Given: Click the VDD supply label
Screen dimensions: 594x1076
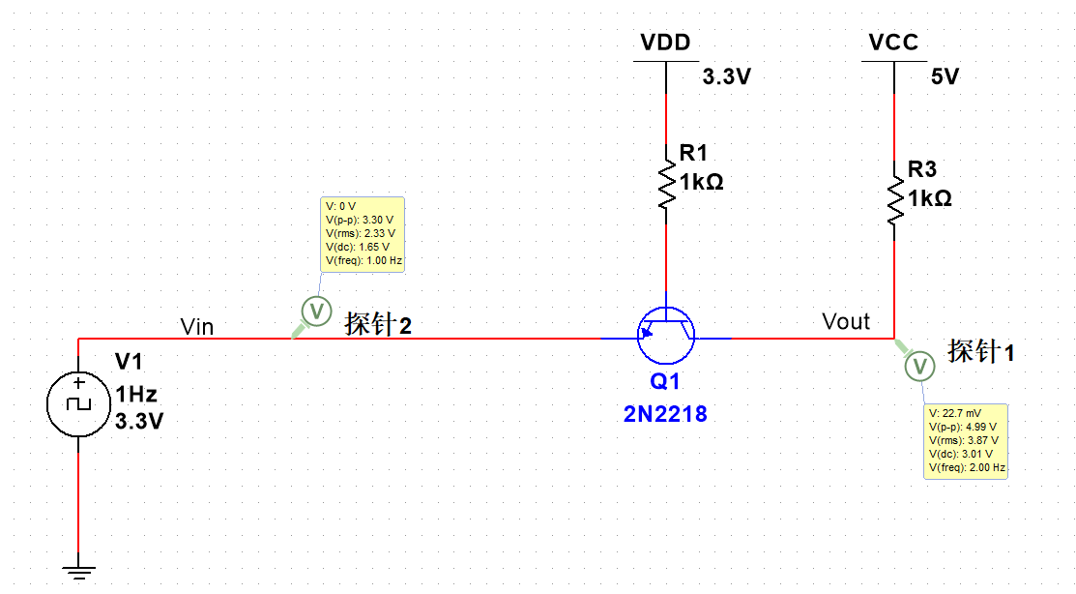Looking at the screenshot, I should pyautogui.click(x=666, y=43).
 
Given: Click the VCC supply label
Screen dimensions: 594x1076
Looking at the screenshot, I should pyautogui.click(x=893, y=43).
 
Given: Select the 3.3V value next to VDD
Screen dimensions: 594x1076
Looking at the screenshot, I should pyautogui.click(x=726, y=77).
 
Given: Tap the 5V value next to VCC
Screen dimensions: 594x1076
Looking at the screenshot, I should pyautogui.click(x=945, y=77).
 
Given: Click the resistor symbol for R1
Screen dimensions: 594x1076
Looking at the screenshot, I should pyautogui.click(x=666, y=178).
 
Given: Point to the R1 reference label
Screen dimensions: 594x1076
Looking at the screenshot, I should pyautogui.click(x=693, y=152).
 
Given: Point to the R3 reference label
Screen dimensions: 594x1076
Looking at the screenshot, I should pyautogui.click(x=921, y=170).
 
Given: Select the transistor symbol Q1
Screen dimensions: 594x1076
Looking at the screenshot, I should pyautogui.click(x=666, y=331).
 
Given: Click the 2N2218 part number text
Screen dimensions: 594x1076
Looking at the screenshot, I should pyautogui.click(x=665, y=414).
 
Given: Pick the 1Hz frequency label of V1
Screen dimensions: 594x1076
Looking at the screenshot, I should pyautogui.click(x=135, y=394).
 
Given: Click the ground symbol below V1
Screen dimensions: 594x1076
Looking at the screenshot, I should pyautogui.click(x=78, y=571).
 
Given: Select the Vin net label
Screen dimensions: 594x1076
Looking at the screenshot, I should pyautogui.click(x=197, y=327).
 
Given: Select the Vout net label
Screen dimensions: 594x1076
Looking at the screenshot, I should pyautogui.click(x=846, y=321).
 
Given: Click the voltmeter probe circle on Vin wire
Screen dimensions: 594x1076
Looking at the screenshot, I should pyautogui.click(x=315, y=311).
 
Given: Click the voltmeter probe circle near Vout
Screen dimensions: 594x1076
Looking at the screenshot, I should pyautogui.click(x=919, y=367).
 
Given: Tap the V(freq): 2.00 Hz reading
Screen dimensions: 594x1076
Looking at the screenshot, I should pyautogui.click(x=966, y=467).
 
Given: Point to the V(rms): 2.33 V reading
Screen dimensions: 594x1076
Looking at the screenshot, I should pyautogui.click(x=361, y=233).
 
